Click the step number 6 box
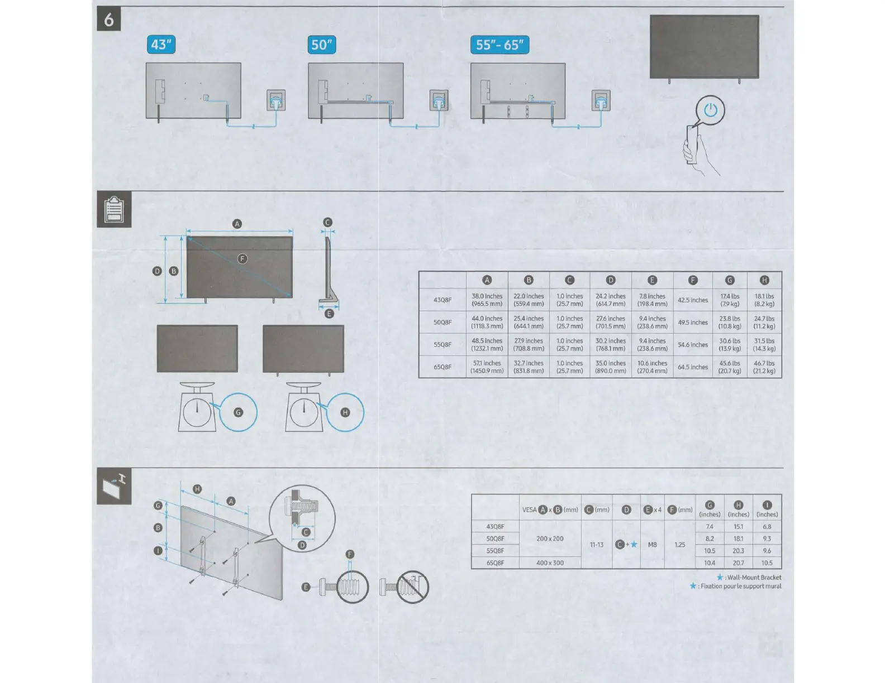pos(109,19)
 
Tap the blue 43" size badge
pos(161,44)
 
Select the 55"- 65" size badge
pos(499,45)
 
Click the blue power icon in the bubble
pos(710,110)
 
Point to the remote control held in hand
pos(692,145)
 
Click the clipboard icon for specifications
pos(114,209)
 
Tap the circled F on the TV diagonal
pos(242,259)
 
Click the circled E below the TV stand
pos(329,314)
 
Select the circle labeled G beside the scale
pos(238,412)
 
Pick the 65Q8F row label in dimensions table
pos(442,367)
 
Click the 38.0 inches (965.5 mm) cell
pos(487,300)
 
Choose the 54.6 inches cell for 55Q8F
pos(693,344)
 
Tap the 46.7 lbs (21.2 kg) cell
pos(764,367)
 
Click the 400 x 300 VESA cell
pos(550,563)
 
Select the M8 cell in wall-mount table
pos(652,545)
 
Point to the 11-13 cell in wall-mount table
pos(597,545)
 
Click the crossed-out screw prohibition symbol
pos(412,587)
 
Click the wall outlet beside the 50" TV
pos(439,100)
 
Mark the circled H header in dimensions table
pos(764,280)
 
